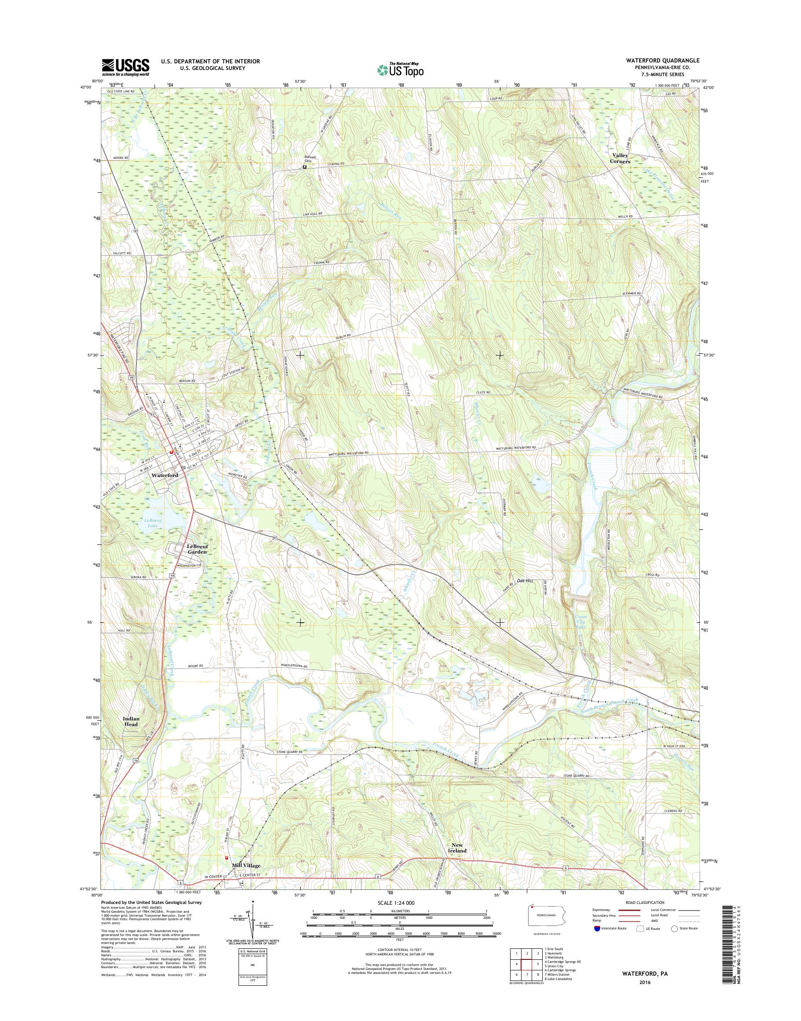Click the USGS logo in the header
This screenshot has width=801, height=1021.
tap(126, 67)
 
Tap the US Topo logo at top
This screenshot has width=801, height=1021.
tap(400, 70)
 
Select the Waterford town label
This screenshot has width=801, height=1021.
tap(165, 475)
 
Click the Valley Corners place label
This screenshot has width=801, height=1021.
tap(620, 158)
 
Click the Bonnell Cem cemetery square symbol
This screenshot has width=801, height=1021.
tap(305, 166)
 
